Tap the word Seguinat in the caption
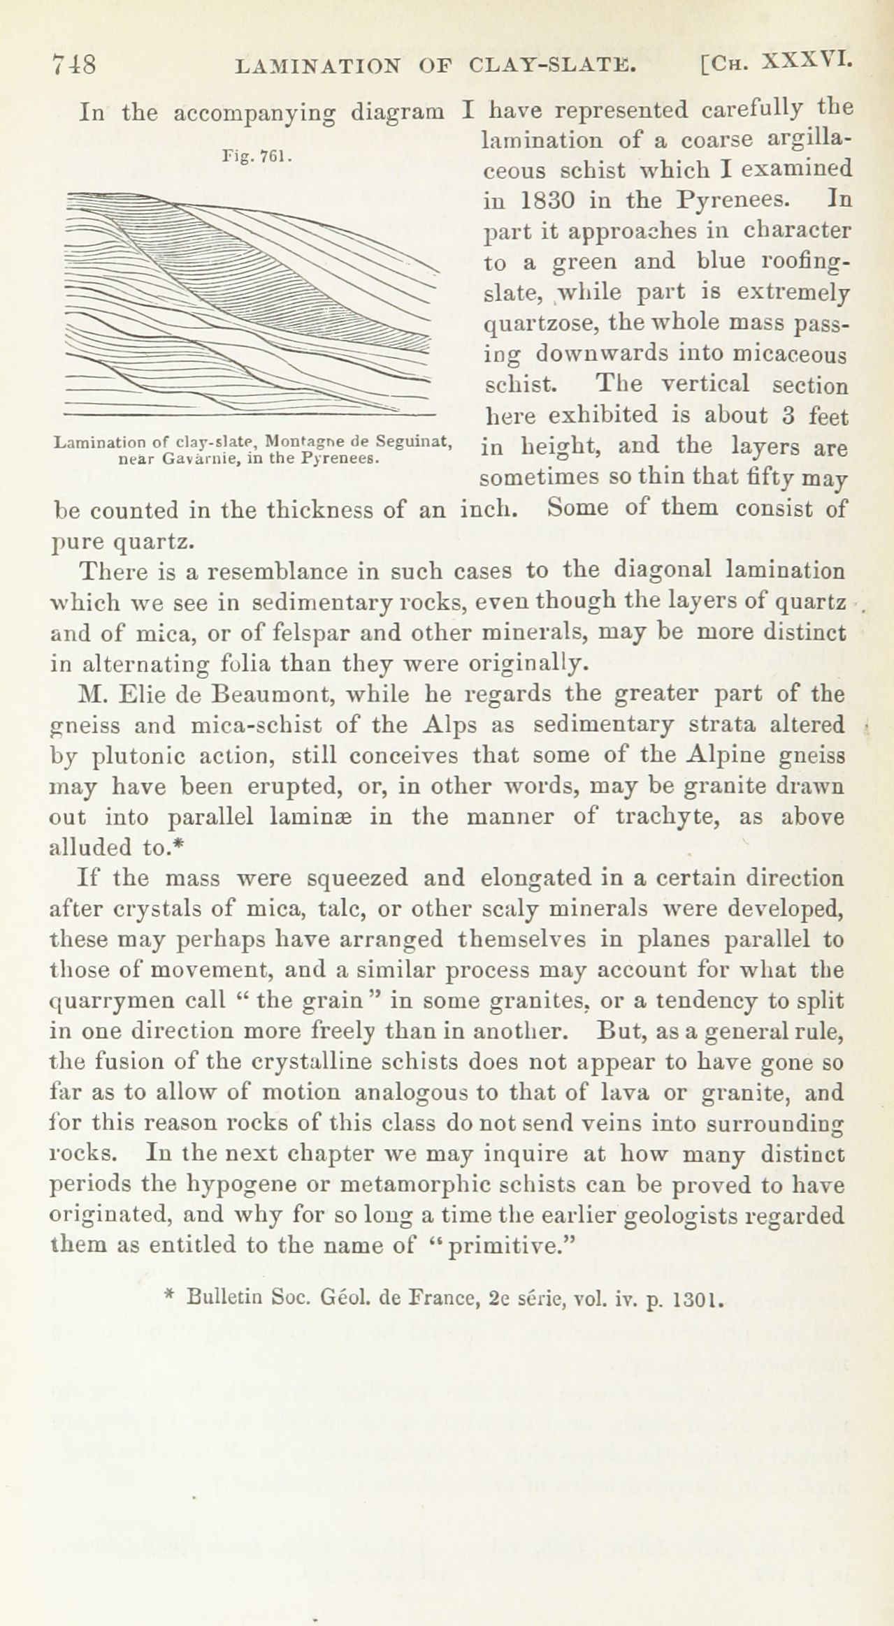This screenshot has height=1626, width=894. tap(417, 443)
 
